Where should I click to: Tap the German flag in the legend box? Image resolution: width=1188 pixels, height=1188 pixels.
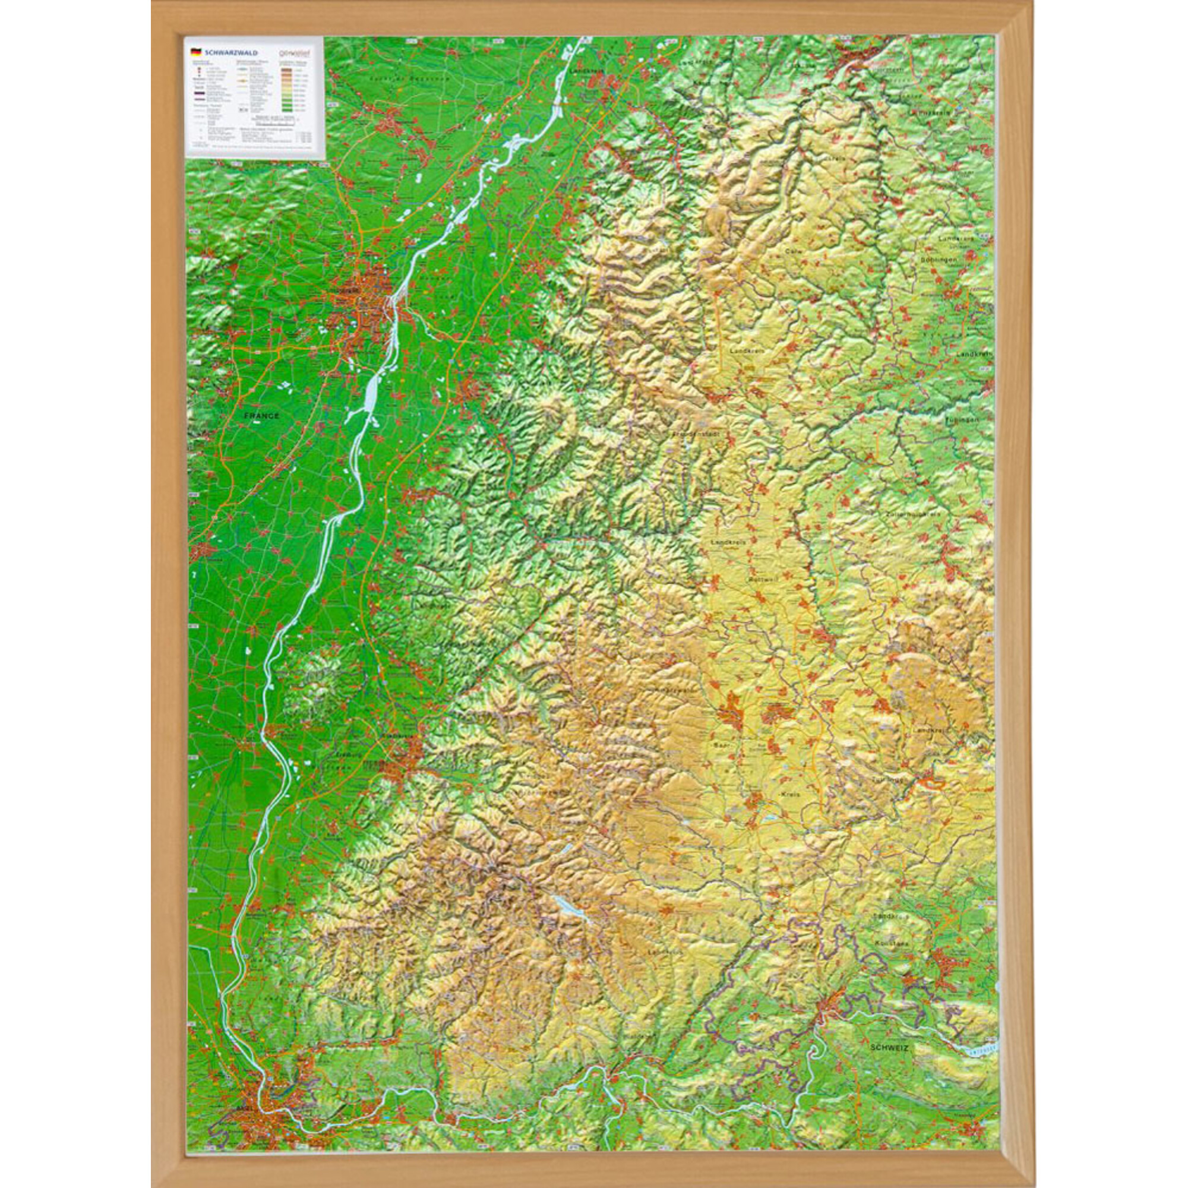(x=195, y=53)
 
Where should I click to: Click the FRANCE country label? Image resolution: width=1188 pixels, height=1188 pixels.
(x=261, y=416)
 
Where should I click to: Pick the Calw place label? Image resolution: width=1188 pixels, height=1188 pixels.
(x=792, y=251)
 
